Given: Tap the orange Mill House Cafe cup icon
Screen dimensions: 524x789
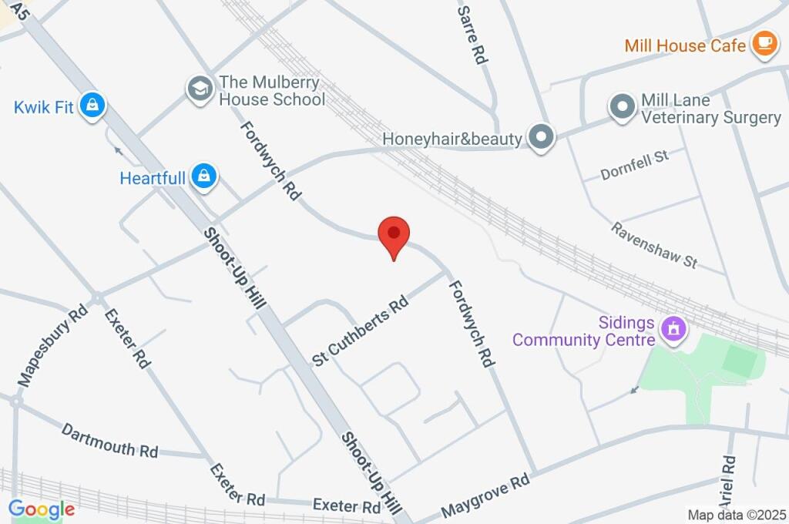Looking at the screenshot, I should [764, 45].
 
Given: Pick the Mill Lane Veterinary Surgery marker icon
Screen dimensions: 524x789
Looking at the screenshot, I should [620, 108].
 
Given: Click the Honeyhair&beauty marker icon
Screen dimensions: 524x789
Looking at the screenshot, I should [543, 137].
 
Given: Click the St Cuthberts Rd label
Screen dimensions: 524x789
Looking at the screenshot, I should [360, 332].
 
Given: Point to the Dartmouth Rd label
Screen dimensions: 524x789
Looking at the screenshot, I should [110, 440].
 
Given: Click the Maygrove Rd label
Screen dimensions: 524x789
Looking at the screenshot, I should [485, 496].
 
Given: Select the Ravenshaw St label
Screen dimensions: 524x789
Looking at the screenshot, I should [654, 245].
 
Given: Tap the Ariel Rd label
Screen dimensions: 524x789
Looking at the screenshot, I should [729, 478].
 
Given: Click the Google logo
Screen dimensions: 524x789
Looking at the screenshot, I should [42, 509].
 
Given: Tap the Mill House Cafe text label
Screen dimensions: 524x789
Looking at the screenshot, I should [685, 45].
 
